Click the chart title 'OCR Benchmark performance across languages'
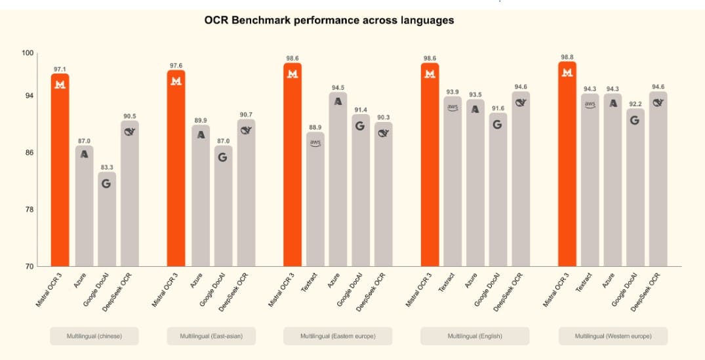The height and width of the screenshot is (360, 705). tap(329, 20)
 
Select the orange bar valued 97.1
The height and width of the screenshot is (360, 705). tap(60, 170)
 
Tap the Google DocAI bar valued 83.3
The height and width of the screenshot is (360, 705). tap(107, 220)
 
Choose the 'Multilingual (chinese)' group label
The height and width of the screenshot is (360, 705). tap(94, 336)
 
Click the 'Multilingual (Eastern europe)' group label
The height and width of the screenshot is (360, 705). tap(338, 336)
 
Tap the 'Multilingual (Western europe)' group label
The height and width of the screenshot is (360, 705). tap(613, 336)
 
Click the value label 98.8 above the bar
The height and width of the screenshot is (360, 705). tap(567, 57)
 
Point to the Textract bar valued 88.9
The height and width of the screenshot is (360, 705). tap(315, 199)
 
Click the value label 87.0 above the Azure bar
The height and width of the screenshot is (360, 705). tap(84, 140)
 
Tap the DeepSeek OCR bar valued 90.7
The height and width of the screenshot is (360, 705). tap(247, 193)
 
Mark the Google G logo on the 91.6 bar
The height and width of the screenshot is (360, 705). tap(498, 124)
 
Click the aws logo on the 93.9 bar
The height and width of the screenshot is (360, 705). tap(453, 108)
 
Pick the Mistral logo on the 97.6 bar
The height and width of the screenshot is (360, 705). tap(176, 81)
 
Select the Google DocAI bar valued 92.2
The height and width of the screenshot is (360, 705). tap(635, 188)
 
